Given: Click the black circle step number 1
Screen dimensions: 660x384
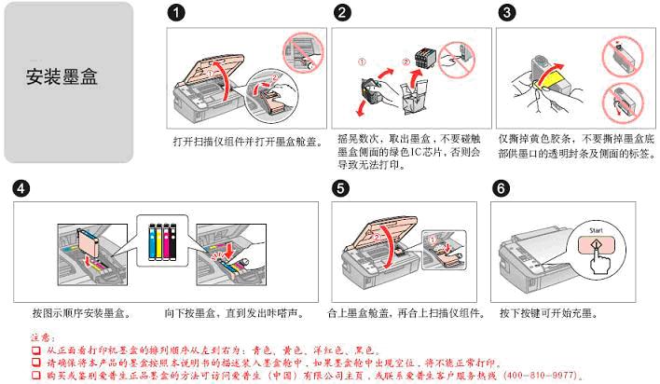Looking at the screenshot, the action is coord(176,13).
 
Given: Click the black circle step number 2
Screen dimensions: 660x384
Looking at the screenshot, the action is coord(342,13).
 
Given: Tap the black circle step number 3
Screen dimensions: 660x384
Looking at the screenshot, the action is coord(506,13).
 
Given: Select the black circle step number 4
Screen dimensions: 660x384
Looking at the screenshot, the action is coord(21,188).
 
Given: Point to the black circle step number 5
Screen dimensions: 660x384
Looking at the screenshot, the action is coord(340,188).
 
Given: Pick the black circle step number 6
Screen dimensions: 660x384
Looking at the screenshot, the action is coord(501,188).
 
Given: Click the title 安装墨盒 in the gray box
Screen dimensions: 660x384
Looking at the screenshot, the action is coord(62,76).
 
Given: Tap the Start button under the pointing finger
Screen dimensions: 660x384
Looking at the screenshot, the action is coord(596,244).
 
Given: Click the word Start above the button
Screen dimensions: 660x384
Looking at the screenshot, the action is coord(596,230).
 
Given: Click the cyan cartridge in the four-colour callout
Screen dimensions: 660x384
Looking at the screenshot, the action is coord(152,241).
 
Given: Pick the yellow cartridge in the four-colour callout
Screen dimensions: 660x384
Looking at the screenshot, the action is coord(159,241).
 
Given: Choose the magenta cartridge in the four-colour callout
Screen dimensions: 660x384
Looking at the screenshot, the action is coord(166,241).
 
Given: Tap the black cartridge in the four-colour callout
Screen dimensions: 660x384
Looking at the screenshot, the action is coord(172,241).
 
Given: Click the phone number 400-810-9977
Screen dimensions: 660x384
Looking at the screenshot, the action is coord(542,375).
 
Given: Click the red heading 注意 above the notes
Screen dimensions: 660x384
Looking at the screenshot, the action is coord(42,337).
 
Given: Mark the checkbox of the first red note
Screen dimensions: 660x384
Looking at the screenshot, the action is coord(36,350).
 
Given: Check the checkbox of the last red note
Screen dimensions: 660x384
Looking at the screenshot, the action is coord(36,375).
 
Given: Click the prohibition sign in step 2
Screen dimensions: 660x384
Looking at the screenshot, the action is coord(456,60).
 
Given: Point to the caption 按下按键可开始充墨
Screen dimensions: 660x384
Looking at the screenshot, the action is coord(548,313).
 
